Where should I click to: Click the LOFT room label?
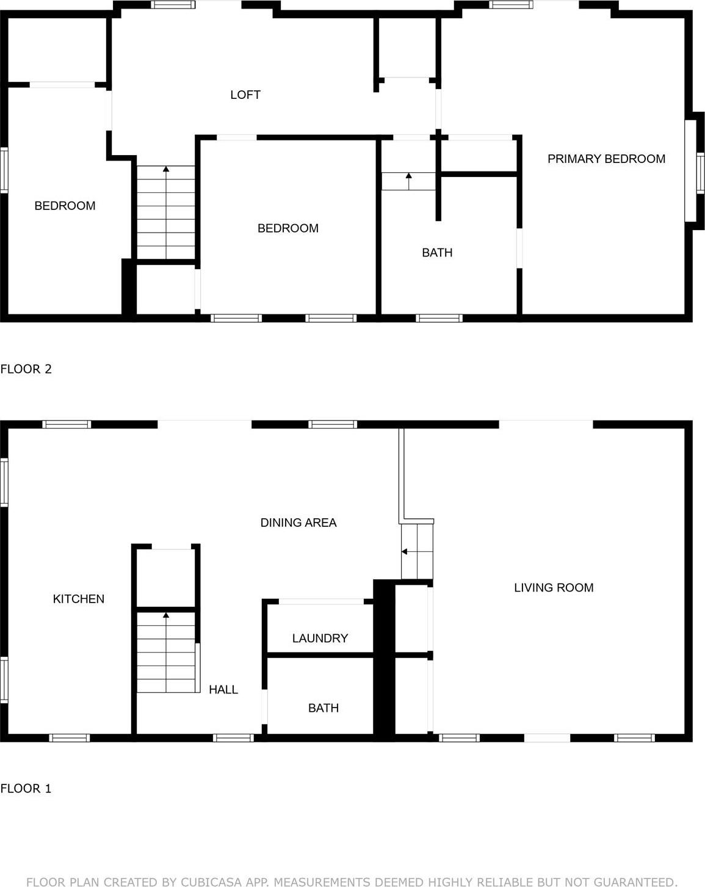pyautogui.click(x=245, y=95)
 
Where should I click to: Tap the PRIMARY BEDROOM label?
pyautogui.click(x=606, y=159)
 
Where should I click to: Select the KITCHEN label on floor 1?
pyautogui.click(x=78, y=599)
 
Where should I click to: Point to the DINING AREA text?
pyautogui.click(x=298, y=523)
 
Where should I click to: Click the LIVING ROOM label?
pyautogui.click(x=553, y=587)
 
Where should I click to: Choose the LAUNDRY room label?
pyautogui.click(x=320, y=638)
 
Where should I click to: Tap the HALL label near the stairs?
pyautogui.click(x=223, y=689)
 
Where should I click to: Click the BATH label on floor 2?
pyautogui.click(x=437, y=252)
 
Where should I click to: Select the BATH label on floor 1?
pyautogui.click(x=323, y=708)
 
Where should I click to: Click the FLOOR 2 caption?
pyautogui.click(x=26, y=369)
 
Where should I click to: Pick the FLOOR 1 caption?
pyautogui.click(x=26, y=788)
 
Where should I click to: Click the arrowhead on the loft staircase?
pyautogui.click(x=166, y=169)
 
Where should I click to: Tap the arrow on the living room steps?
pyautogui.click(x=405, y=552)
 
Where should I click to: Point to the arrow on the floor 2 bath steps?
pyautogui.click(x=408, y=176)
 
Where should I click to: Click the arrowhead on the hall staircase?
pyautogui.click(x=166, y=615)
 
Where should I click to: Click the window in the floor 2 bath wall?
pyautogui.click(x=439, y=318)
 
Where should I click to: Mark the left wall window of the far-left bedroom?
pyautogui.click(x=4, y=171)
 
